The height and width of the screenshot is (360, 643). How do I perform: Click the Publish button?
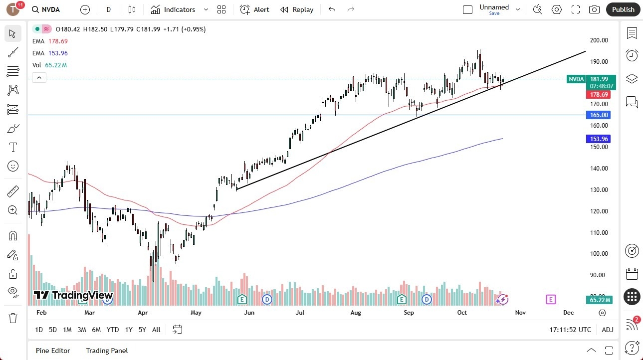623,9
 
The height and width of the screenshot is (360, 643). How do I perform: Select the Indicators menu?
180,9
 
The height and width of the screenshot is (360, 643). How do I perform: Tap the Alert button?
255,9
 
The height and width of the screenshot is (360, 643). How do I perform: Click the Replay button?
297,9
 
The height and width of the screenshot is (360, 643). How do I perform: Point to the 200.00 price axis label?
599,40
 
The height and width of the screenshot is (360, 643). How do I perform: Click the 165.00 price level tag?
599,115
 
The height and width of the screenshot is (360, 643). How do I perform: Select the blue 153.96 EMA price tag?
599,139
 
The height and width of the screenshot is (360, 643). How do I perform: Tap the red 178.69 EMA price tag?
599,94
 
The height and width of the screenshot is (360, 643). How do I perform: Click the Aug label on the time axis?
356,313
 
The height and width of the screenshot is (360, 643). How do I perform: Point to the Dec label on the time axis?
568,313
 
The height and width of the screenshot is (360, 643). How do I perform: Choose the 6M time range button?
96,330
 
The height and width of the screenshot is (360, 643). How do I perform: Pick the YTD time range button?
113,330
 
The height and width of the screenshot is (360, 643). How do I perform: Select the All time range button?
156,330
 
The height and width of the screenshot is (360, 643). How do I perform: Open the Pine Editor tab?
53,351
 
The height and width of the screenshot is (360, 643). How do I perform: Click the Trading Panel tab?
107,351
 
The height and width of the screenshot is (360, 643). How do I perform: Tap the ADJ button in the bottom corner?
608,330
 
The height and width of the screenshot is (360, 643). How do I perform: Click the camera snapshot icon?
594,9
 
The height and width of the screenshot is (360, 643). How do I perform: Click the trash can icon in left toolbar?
13,318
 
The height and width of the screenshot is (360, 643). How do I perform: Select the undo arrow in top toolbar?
332,9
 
